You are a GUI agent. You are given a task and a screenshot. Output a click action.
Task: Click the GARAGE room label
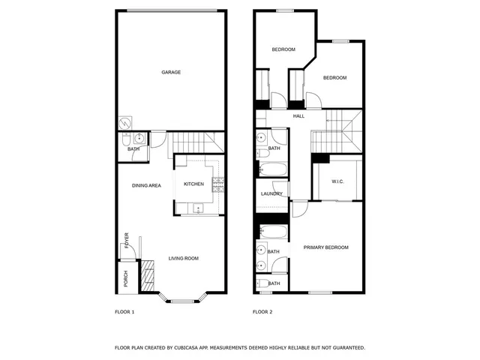[x=171, y=73]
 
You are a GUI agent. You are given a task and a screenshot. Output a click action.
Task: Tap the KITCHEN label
[x=194, y=184]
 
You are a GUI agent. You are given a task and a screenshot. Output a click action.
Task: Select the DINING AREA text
[x=146, y=185]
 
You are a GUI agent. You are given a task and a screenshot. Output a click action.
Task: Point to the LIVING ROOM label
[x=183, y=259]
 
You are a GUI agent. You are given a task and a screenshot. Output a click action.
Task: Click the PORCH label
[x=126, y=279]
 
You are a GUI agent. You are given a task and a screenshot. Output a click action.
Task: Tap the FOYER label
[x=127, y=240]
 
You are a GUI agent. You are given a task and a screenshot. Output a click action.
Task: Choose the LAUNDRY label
[x=271, y=193]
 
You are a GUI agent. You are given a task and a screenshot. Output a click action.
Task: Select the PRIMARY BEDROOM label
[x=325, y=247]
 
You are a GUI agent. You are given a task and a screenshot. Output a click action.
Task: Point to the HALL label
[x=298, y=116]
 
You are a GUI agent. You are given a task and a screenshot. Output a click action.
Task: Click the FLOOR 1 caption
[x=124, y=311]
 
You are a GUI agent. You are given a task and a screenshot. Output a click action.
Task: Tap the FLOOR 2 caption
[x=262, y=311]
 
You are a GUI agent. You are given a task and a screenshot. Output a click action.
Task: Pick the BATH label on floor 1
[x=133, y=148]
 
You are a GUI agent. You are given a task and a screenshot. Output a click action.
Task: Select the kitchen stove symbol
[x=218, y=184]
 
